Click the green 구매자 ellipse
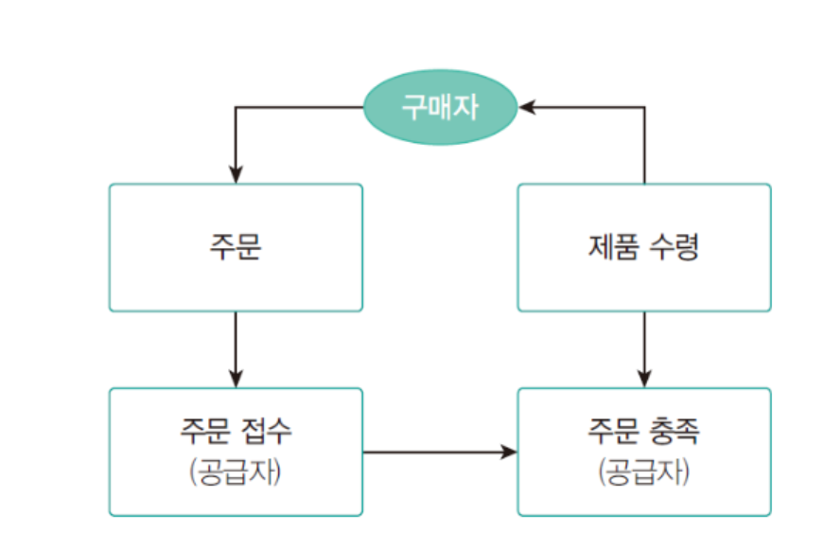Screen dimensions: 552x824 440,107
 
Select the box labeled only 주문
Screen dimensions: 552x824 236,248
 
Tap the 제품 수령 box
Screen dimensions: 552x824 643,248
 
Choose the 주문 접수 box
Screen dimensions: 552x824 236,452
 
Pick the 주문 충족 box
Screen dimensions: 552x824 643,452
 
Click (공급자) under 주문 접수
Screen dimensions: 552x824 236,472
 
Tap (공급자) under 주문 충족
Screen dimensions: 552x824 643,472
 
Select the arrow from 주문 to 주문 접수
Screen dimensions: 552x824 236,348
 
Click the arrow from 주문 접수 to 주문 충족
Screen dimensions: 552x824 440,452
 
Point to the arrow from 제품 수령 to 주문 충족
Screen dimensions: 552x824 644,348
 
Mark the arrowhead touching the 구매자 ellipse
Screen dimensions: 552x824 526,107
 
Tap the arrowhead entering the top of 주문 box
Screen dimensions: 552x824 236,175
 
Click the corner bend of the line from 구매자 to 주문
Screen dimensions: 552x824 236,107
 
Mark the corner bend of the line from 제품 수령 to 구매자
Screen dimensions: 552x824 644,107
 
